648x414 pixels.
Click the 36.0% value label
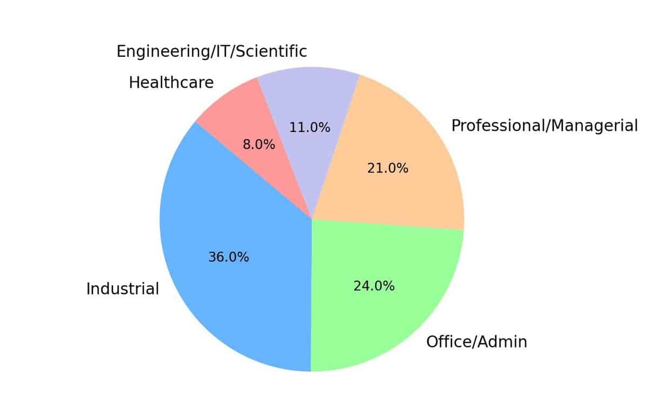pyautogui.click(x=228, y=257)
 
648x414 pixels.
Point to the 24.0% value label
pyautogui.click(x=374, y=286)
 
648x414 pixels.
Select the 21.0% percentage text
pyautogui.click(x=388, y=169)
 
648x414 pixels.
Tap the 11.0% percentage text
pyautogui.click(x=309, y=128)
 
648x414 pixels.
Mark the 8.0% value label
pyautogui.click(x=259, y=145)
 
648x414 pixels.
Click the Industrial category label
pyautogui.click(x=123, y=289)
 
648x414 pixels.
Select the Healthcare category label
pyautogui.click(x=171, y=83)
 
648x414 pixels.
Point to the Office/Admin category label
pyautogui.click(x=476, y=342)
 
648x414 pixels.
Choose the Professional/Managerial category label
pyautogui.click(x=544, y=126)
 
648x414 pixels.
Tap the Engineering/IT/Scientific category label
pyautogui.click(x=212, y=51)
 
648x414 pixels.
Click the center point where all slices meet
pyautogui.click(x=312, y=219)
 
